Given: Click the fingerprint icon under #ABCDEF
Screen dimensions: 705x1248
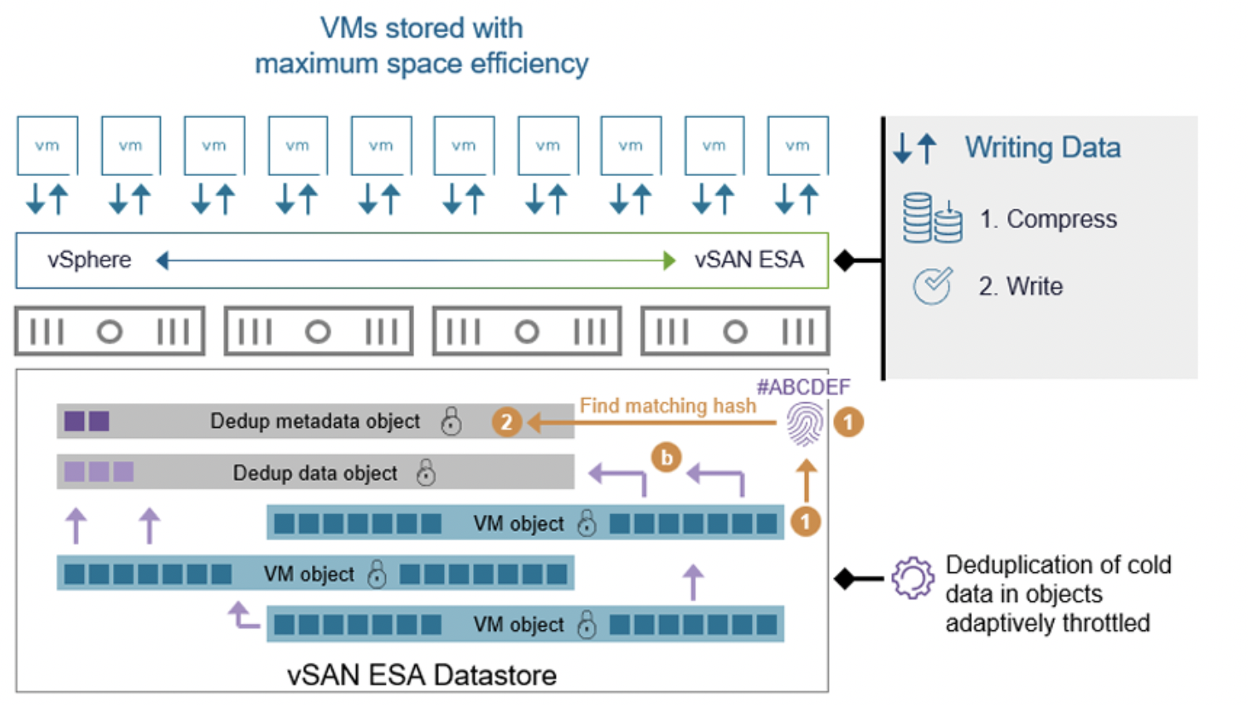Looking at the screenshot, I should pyautogui.click(x=805, y=424).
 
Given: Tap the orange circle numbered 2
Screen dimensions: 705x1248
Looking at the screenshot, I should pyautogui.click(x=506, y=422).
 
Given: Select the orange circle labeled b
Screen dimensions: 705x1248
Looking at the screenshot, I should pyautogui.click(x=666, y=457).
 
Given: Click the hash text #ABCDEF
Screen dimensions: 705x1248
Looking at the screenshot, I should pyautogui.click(x=802, y=387).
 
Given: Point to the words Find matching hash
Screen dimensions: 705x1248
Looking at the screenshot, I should pyautogui.click(x=667, y=406).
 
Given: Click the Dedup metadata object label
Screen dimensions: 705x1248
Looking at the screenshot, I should pyautogui.click(x=314, y=421).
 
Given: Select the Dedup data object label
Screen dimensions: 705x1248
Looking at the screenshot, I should pyautogui.click(x=314, y=473).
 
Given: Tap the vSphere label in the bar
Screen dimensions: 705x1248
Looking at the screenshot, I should pyautogui.click(x=89, y=260).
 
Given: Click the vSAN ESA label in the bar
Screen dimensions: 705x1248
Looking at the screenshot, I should pyautogui.click(x=748, y=260).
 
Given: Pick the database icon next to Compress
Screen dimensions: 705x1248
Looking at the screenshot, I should pyautogui.click(x=932, y=218).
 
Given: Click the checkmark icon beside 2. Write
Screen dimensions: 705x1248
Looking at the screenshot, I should pyautogui.click(x=932, y=286).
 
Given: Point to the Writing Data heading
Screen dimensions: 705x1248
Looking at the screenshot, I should pyautogui.click(x=1042, y=148).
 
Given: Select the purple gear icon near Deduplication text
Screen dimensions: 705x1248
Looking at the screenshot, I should pyautogui.click(x=912, y=577).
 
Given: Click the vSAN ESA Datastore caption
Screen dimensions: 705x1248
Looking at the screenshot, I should pyautogui.click(x=422, y=675).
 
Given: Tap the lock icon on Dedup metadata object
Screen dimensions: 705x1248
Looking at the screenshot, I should pyautogui.click(x=451, y=421).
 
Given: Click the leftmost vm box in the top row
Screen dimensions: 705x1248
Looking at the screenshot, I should pyautogui.click(x=47, y=145).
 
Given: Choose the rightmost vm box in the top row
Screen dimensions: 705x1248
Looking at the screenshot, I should pyautogui.click(x=797, y=145).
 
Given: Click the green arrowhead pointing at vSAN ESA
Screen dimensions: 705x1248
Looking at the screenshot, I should pyautogui.click(x=670, y=260).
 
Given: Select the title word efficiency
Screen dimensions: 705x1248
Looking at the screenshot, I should pyautogui.click(x=529, y=64).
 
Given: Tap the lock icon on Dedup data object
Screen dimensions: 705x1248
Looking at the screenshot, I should pyautogui.click(x=426, y=473).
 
